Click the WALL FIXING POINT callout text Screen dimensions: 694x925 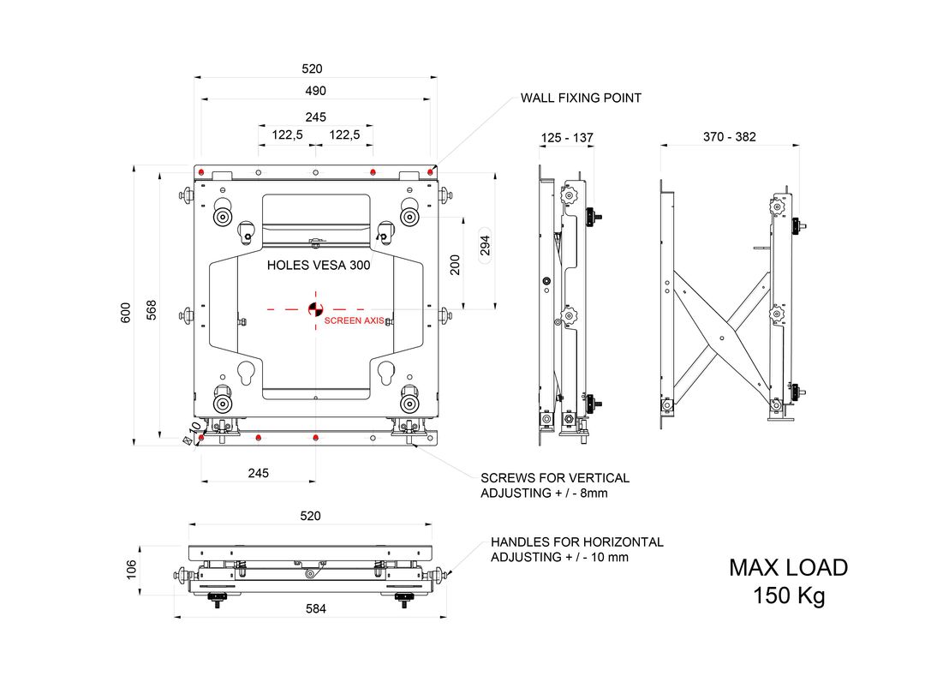tap(581, 98)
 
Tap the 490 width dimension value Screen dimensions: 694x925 tap(315, 91)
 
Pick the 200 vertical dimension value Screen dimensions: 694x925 tap(455, 265)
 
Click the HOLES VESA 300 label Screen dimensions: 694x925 tap(319, 266)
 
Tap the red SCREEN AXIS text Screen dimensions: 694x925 tap(353, 321)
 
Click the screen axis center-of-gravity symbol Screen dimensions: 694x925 tap(315, 308)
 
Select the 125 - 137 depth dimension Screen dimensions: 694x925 tap(567, 138)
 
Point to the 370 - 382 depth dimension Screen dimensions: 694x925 tap(729, 137)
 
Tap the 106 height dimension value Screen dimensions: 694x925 tap(131, 570)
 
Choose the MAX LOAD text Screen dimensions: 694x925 tap(788, 567)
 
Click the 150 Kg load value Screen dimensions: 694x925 tap(789, 595)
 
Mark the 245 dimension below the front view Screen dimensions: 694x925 tap(259, 472)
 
